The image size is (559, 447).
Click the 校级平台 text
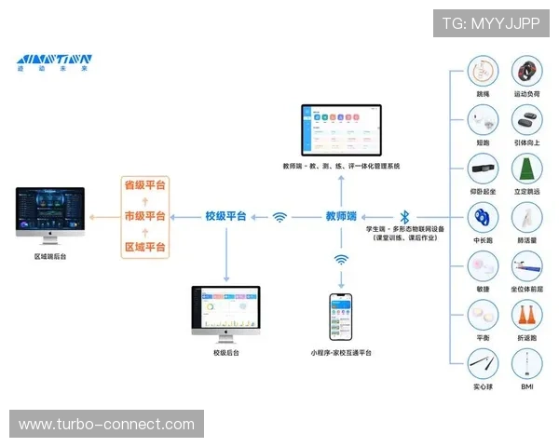[x=225, y=216]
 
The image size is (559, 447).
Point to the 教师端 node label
[x=341, y=216]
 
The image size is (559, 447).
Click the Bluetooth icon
[x=404, y=216]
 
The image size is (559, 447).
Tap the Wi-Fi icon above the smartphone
[x=341, y=260]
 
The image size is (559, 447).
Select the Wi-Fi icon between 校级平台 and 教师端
[x=279, y=217]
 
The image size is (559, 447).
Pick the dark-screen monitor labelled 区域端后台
[x=50, y=212]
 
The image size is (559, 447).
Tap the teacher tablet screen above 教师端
[x=341, y=129]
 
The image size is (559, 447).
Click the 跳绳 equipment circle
[x=483, y=73]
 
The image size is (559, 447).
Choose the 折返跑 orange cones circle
[x=527, y=315]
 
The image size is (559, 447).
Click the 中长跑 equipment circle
[x=483, y=218]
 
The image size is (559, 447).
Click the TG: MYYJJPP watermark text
[x=490, y=23]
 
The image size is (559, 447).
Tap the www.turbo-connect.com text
[x=107, y=425]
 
